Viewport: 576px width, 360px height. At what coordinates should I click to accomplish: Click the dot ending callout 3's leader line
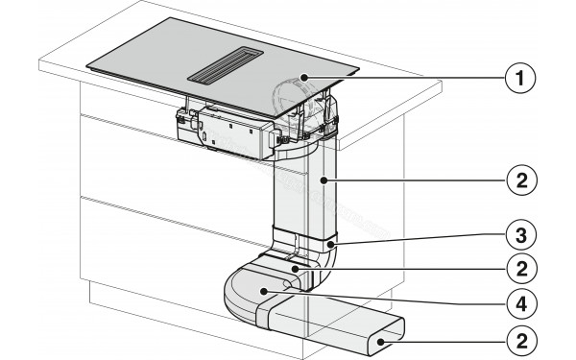pos(332,246)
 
